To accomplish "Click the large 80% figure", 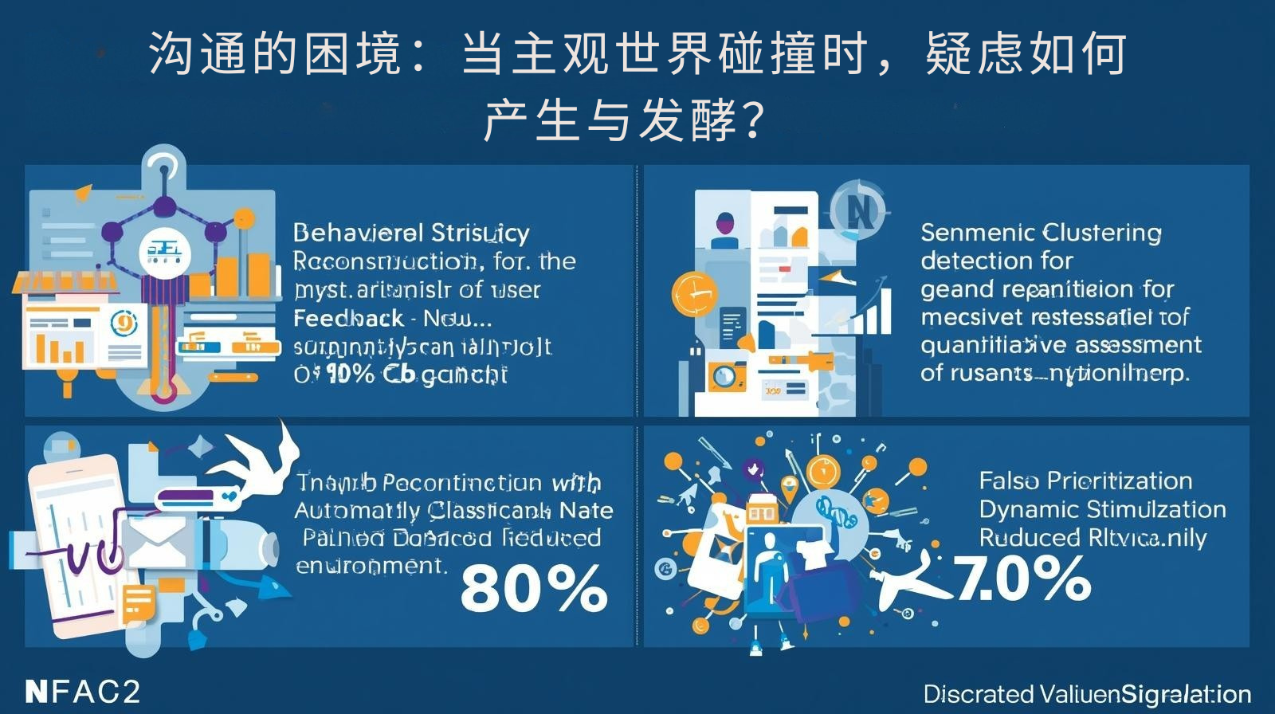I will [534, 588].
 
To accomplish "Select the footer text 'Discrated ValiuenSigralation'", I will [1087, 694].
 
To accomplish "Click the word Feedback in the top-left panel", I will [348, 318].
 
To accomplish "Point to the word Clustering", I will [1101, 233].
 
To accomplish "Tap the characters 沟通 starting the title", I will [198, 54].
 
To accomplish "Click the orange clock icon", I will [694, 293].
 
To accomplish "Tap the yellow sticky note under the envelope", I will [138, 602].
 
